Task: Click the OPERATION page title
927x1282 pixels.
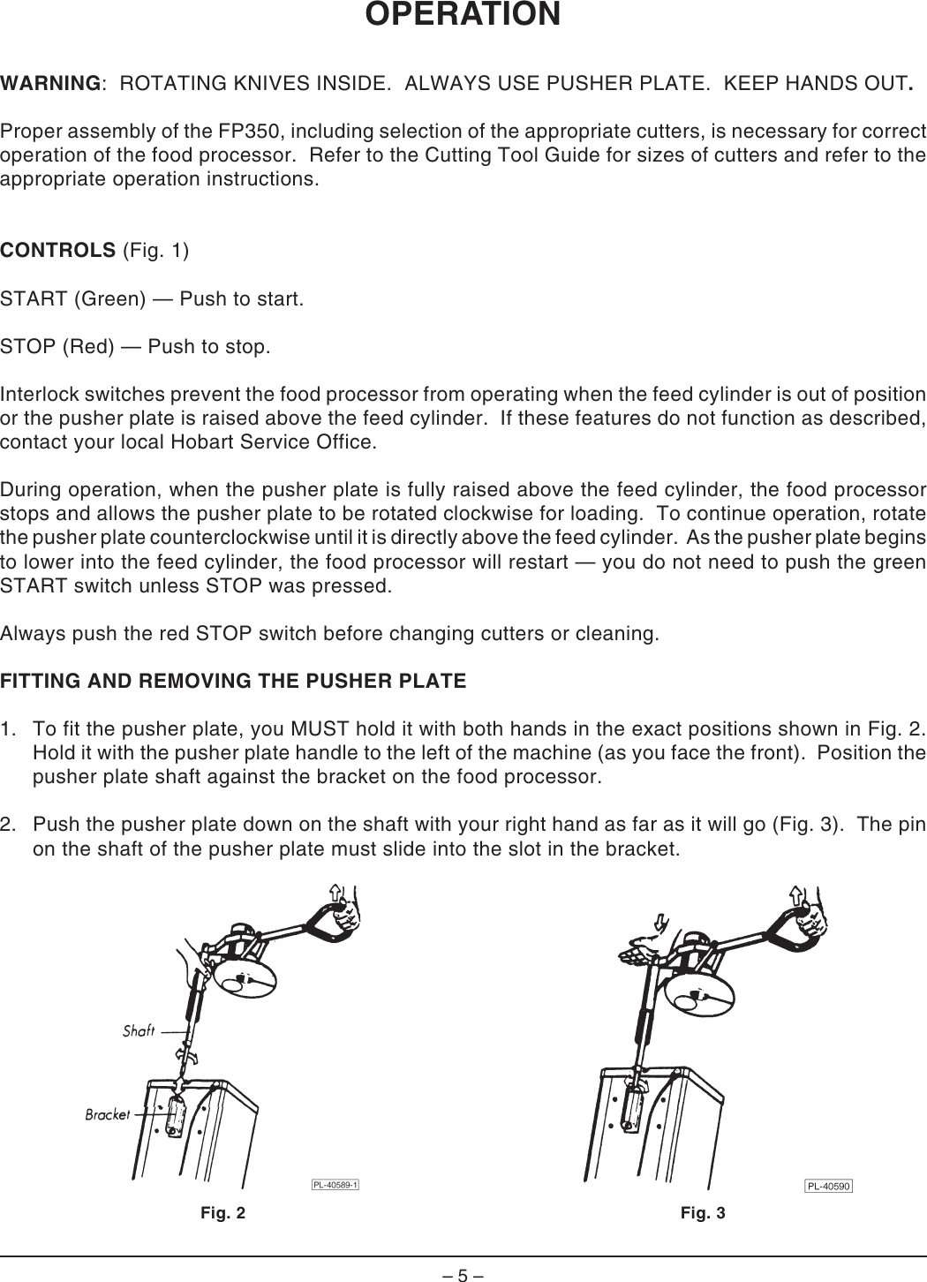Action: (x=463, y=15)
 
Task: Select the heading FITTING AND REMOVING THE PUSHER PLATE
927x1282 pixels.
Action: (x=233, y=682)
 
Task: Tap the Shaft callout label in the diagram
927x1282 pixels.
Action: (x=139, y=1030)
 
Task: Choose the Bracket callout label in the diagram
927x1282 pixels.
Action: (x=107, y=1115)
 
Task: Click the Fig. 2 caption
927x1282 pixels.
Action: (x=223, y=1213)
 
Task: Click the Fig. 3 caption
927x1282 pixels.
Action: (x=703, y=1213)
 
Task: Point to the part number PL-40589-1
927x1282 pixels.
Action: (x=335, y=1185)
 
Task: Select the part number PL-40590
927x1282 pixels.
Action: (x=827, y=1186)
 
